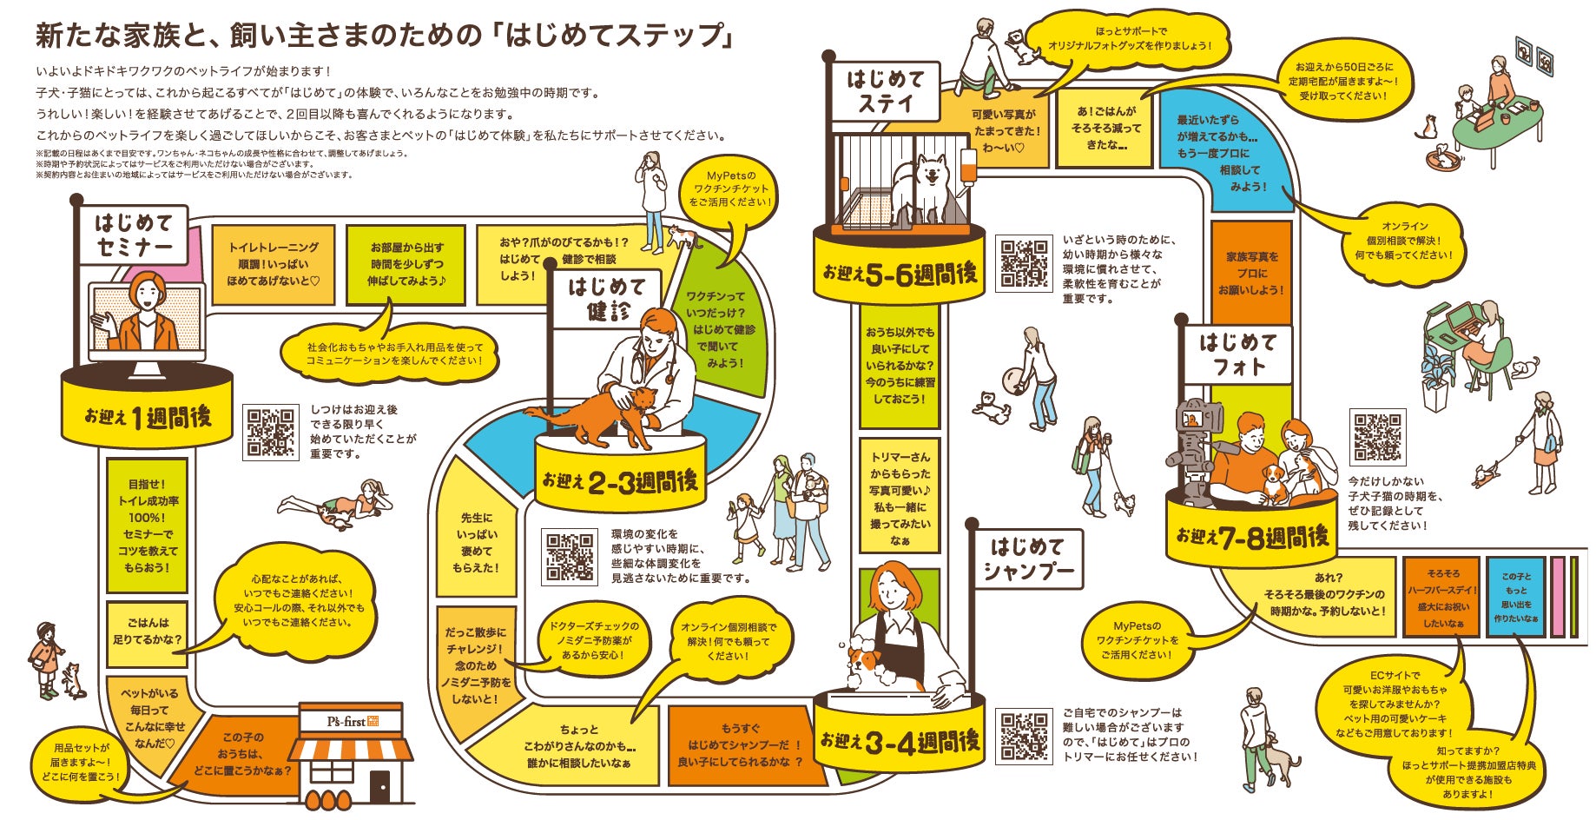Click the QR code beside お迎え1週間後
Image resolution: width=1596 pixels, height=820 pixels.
271,432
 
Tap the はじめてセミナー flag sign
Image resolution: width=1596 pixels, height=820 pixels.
135,235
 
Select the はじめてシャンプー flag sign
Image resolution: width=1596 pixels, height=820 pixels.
1027,559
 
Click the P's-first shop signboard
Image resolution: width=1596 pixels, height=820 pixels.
351,721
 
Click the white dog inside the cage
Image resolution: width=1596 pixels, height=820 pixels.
929,184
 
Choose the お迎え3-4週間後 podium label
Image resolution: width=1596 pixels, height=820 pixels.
900,742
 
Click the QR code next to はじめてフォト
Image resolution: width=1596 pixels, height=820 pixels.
1377,437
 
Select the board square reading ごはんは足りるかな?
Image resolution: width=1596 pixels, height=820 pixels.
147,632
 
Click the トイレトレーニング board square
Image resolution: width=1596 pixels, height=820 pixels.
273,264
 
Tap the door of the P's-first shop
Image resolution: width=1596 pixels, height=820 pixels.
379,786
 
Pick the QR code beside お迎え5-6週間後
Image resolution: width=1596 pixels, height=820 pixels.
1022,262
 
